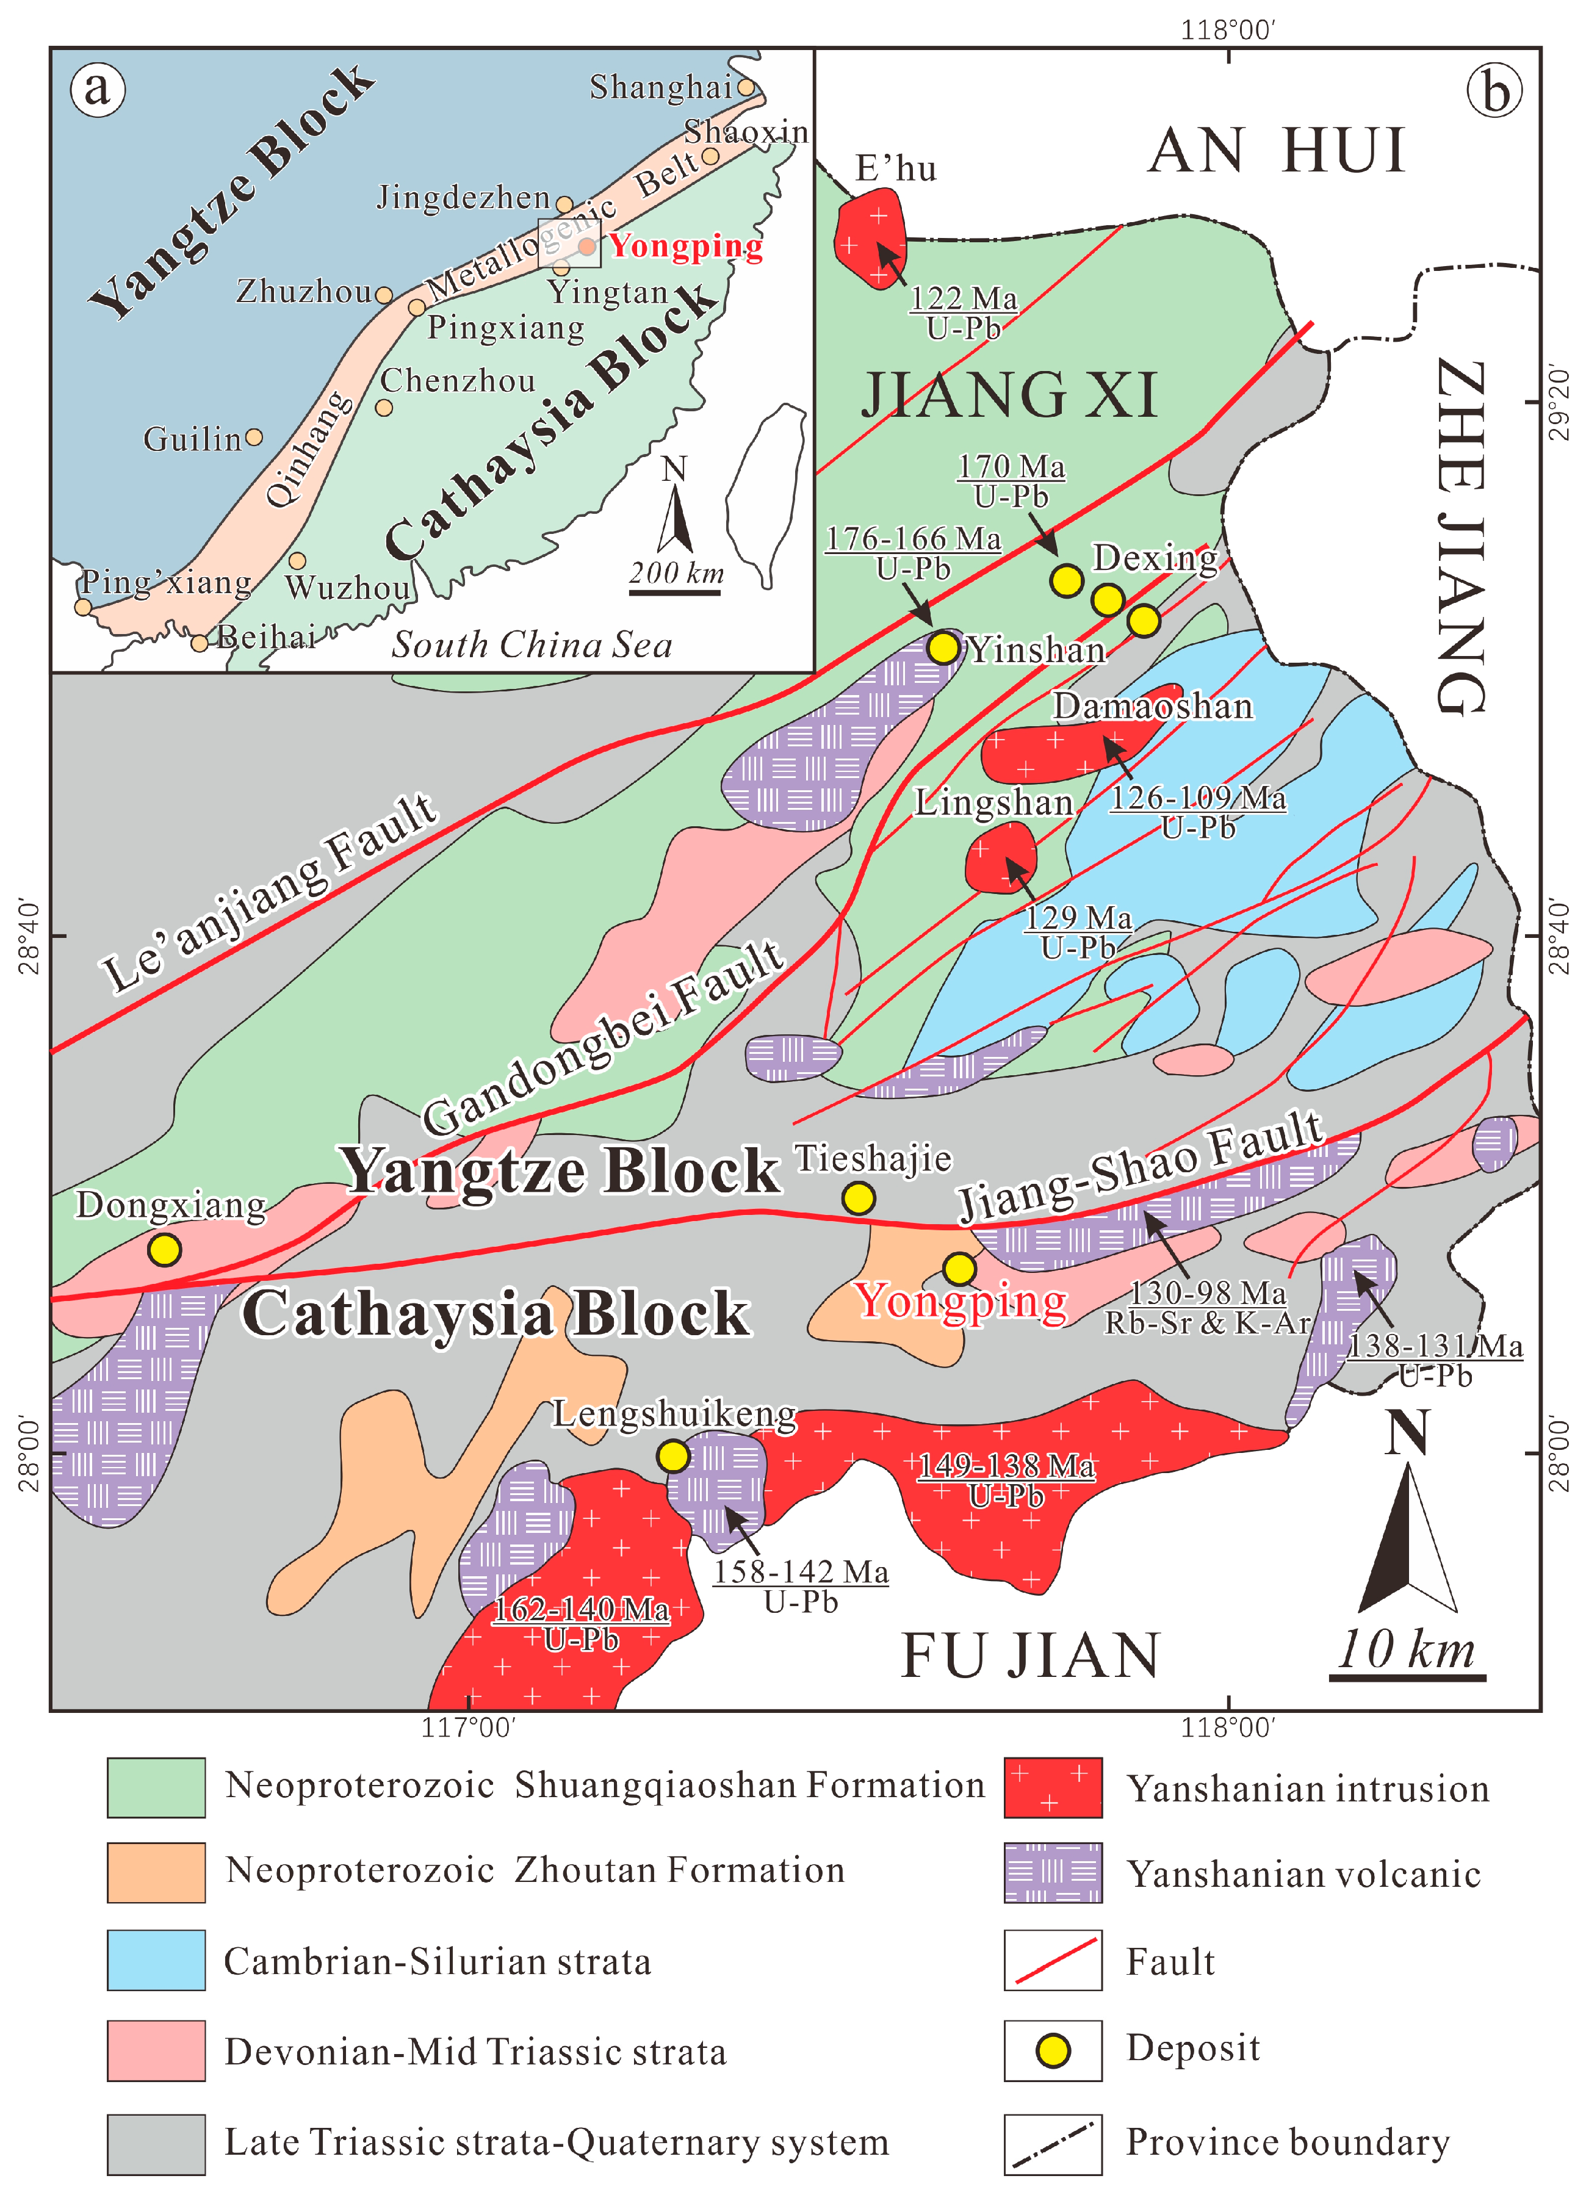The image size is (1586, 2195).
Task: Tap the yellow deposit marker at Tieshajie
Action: click(x=859, y=1198)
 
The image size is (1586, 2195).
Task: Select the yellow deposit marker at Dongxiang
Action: click(x=165, y=1249)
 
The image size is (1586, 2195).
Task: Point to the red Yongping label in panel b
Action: click(x=961, y=1302)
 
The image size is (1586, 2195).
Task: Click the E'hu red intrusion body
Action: click(x=870, y=238)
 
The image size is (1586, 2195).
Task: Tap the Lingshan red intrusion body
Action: click(x=1001, y=857)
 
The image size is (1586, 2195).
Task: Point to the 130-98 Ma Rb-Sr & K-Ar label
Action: click(x=1208, y=1308)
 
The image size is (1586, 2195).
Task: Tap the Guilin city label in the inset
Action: click(x=192, y=439)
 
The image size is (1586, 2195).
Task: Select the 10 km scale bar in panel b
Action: click(x=1407, y=1678)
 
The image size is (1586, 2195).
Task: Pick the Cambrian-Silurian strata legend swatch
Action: click(x=156, y=1961)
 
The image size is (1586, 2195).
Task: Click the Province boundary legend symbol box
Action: click(x=1053, y=2143)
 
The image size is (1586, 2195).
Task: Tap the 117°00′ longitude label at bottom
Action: click(x=468, y=1726)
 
